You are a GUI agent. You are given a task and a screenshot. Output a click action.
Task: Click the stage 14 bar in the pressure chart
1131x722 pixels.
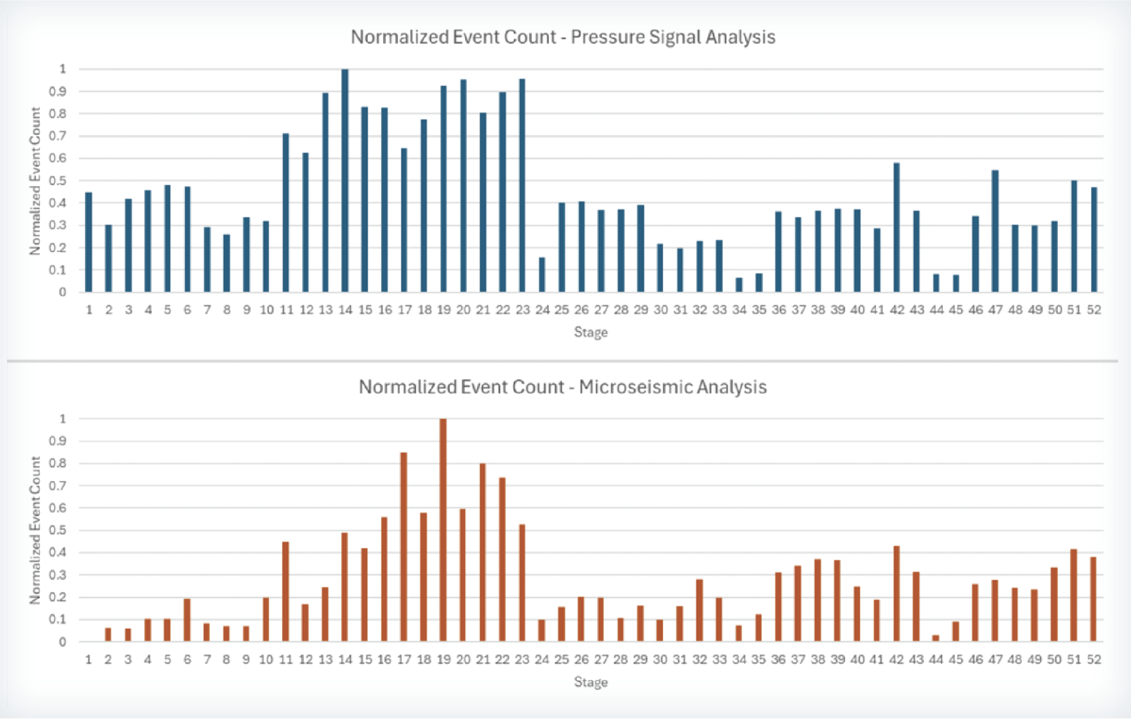345,180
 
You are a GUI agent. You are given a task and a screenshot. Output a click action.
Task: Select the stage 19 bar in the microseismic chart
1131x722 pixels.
443,530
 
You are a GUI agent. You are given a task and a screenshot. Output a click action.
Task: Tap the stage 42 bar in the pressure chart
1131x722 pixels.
897,227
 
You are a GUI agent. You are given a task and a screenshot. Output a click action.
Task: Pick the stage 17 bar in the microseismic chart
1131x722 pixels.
404,547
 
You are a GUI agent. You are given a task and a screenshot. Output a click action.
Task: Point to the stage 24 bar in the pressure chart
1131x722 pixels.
542,275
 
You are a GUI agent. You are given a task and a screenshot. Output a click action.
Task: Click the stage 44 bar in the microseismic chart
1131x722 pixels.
936,638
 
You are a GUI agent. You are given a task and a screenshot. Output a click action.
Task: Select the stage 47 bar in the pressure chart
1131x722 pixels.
995,231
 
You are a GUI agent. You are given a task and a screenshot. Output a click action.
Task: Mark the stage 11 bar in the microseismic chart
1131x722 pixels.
285,592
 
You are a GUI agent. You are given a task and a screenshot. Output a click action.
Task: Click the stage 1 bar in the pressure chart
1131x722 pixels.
89,242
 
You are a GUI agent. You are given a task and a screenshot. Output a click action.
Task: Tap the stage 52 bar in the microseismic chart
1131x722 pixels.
1093,599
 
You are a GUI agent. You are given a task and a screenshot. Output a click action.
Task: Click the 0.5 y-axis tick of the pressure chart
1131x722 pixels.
58,181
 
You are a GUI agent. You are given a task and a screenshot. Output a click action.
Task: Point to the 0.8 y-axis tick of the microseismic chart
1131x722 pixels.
58,464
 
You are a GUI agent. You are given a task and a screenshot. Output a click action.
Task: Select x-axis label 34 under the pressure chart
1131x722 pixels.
739,310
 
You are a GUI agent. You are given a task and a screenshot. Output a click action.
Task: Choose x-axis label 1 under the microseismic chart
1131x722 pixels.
89,659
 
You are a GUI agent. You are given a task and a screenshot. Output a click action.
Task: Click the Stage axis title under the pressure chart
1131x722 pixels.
591,333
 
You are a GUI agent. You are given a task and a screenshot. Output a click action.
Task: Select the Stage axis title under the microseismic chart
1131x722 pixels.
591,683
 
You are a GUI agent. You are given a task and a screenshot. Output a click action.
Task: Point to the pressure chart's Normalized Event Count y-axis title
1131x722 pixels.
35,181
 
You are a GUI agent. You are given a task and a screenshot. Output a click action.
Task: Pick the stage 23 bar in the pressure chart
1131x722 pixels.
522,185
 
